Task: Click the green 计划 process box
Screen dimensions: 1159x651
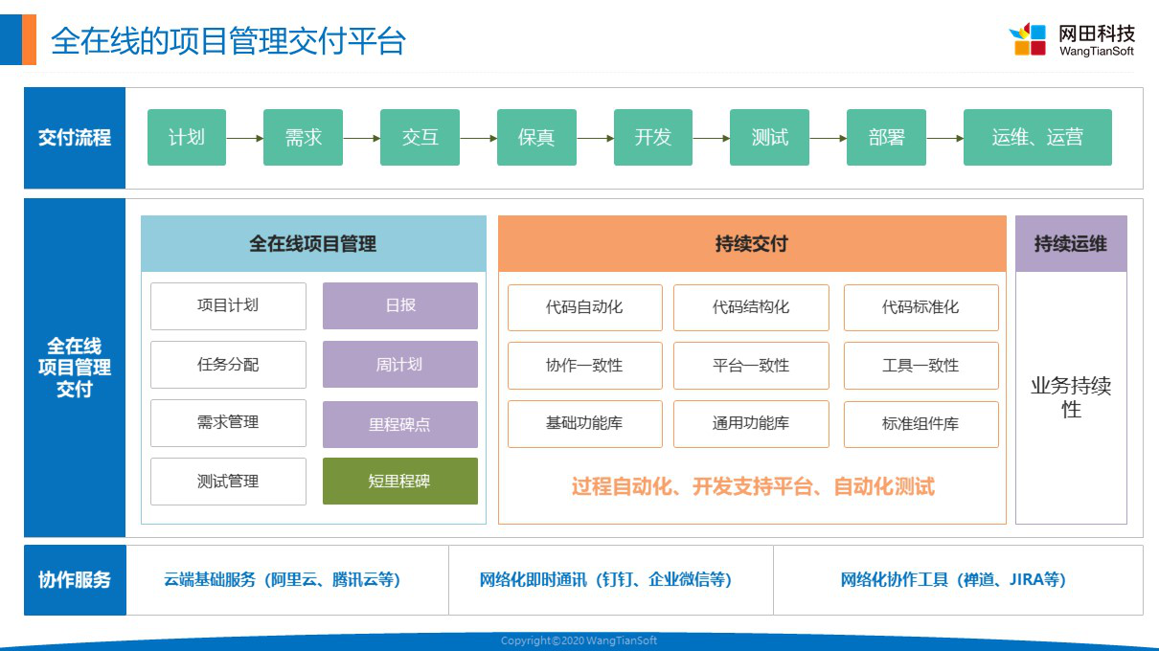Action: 187,137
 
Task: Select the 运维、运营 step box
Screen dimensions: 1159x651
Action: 1037,137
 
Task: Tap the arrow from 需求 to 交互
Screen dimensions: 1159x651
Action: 361,138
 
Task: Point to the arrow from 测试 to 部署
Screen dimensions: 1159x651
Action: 828,138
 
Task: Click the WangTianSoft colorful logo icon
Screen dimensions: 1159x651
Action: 1028,39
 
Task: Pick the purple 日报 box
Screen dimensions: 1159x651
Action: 400,305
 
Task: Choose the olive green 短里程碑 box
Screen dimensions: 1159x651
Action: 400,481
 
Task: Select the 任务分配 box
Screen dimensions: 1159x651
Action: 228,365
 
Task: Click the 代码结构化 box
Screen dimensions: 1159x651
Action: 751,307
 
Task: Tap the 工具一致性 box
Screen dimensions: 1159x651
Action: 921,366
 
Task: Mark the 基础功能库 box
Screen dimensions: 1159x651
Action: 584,423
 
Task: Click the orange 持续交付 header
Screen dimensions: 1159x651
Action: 752,243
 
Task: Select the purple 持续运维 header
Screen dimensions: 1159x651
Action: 1071,243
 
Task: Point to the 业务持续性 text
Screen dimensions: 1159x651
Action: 1071,397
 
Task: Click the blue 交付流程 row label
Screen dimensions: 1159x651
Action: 75,138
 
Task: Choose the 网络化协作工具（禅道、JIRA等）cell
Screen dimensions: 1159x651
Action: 958,579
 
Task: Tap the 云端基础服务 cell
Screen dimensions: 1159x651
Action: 287,579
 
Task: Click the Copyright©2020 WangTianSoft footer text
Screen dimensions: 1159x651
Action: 579,640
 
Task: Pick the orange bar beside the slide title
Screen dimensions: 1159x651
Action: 29,40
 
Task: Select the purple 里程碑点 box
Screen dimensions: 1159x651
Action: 400,424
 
